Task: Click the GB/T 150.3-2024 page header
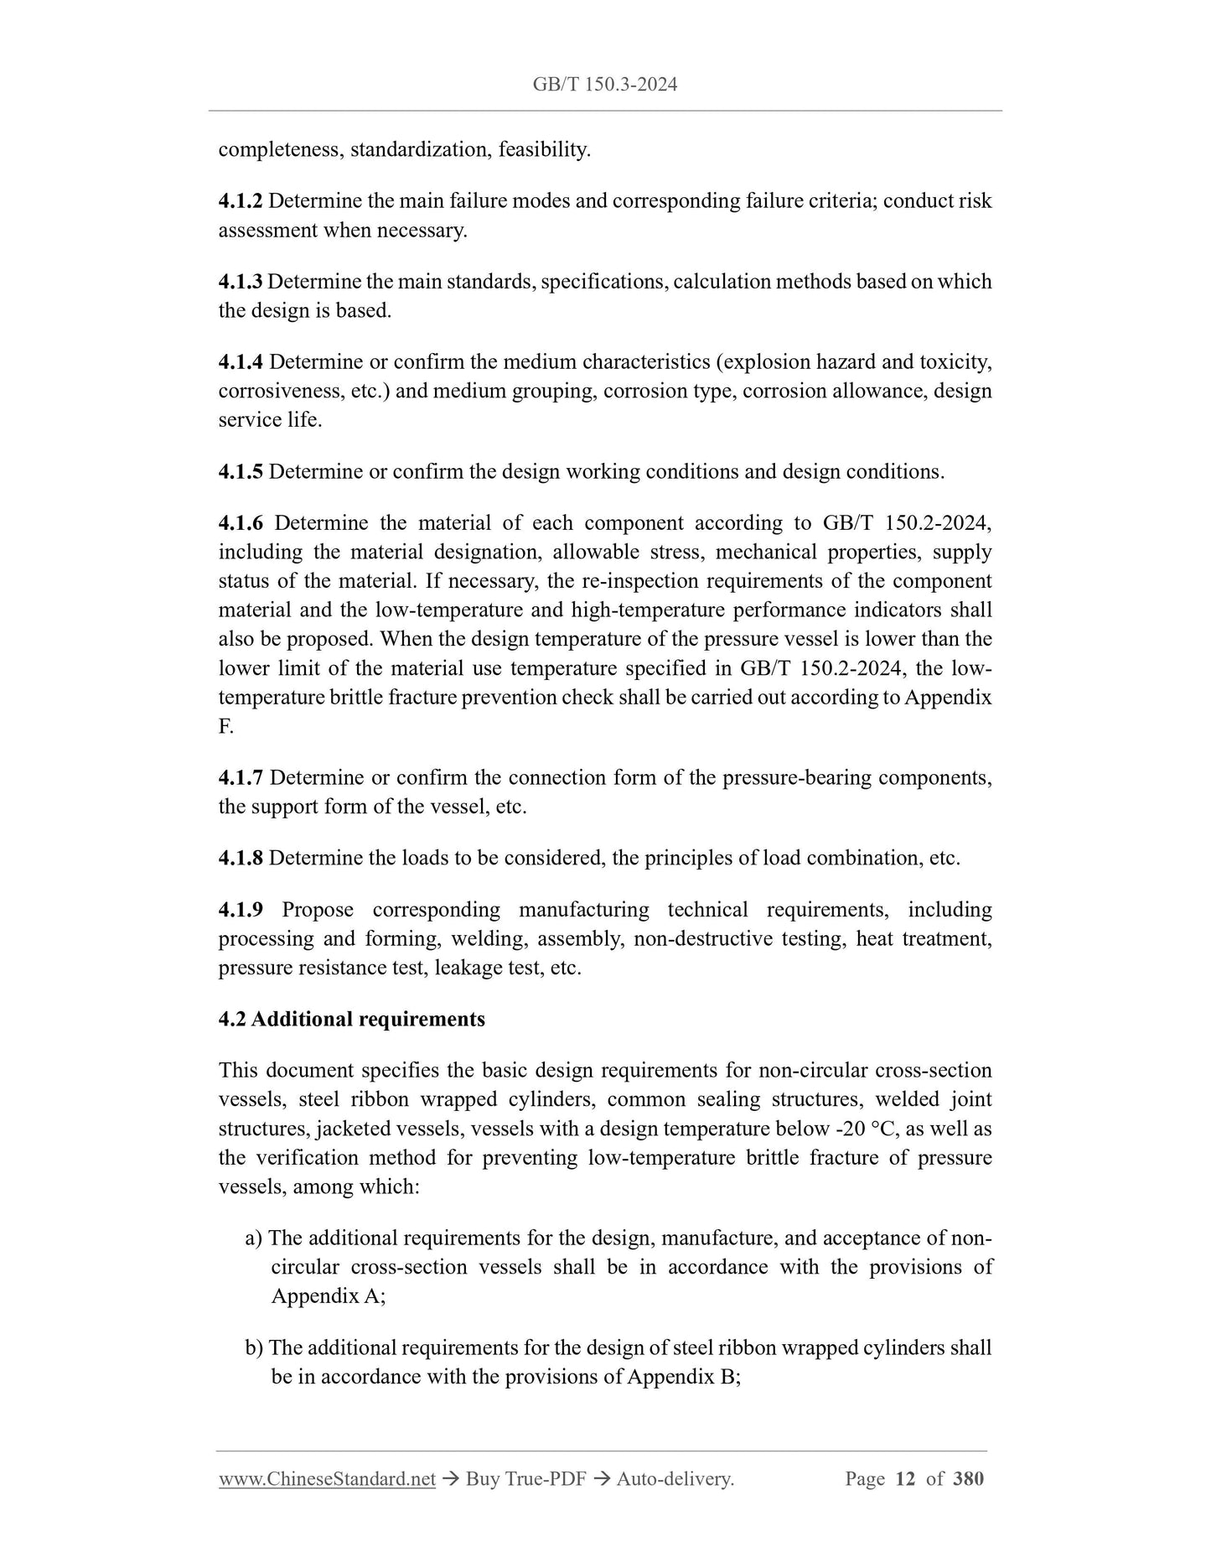click(x=604, y=84)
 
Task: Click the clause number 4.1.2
click(x=241, y=201)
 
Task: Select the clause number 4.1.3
click(x=241, y=282)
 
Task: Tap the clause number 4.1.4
click(x=241, y=362)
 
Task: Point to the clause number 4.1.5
click(x=241, y=472)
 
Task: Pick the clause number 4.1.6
click(x=241, y=523)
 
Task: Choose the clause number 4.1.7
click(x=241, y=778)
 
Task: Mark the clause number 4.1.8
click(x=241, y=859)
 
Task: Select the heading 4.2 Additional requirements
click(x=351, y=1020)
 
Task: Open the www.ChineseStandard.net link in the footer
click(x=327, y=1479)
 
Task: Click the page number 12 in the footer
click(x=905, y=1479)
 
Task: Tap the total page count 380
click(x=969, y=1479)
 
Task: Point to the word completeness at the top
click(x=280, y=150)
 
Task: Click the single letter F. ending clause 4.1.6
click(x=225, y=727)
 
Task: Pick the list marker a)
click(x=254, y=1238)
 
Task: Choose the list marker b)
click(x=254, y=1348)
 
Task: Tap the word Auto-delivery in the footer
click(x=675, y=1479)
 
